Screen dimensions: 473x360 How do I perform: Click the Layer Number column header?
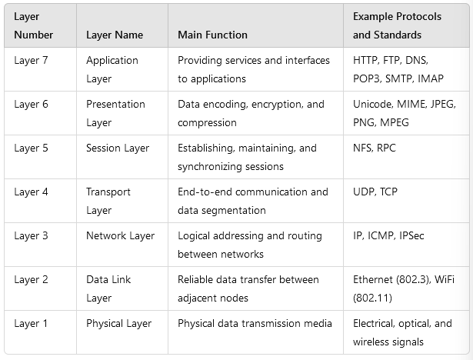click(x=33, y=25)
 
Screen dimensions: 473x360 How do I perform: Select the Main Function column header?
click(x=212, y=35)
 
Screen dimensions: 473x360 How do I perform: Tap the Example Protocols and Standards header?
click(x=387, y=25)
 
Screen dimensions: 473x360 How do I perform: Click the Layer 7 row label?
click(x=31, y=60)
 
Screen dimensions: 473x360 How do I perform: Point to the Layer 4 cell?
click(x=31, y=192)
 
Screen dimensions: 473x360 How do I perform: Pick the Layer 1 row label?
click(x=31, y=323)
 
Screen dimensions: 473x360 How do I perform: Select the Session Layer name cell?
click(x=118, y=148)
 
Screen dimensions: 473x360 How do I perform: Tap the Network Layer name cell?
click(x=120, y=235)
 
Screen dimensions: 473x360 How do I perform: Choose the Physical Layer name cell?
click(x=119, y=323)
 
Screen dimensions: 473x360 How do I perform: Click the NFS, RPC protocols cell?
click(x=375, y=148)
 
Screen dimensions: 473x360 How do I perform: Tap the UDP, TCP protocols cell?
click(x=376, y=192)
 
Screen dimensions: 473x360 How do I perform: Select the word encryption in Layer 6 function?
click(x=278, y=104)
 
